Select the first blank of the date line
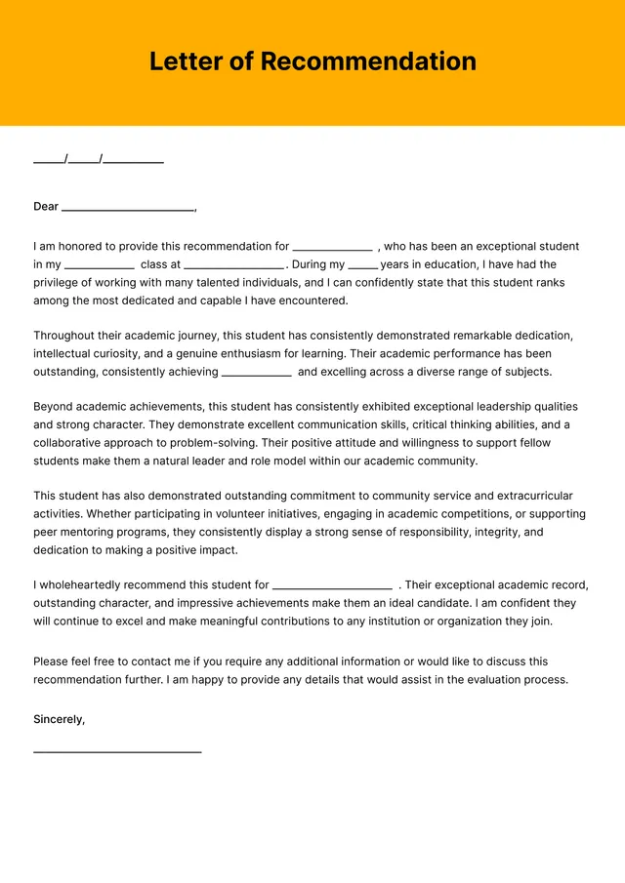point(49,160)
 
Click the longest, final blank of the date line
point(134,160)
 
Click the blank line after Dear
point(127,209)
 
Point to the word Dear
point(46,207)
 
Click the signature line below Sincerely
point(117,751)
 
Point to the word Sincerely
point(59,719)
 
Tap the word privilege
point(58,283)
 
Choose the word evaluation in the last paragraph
point(496,680)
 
